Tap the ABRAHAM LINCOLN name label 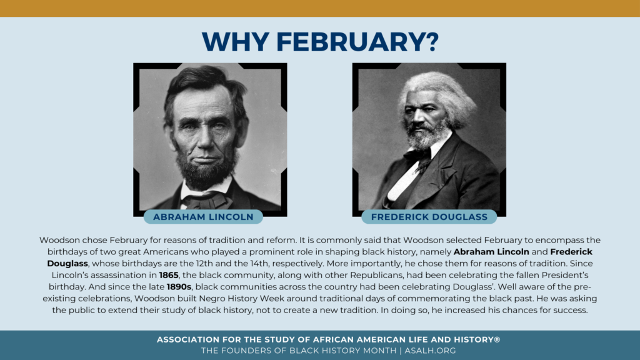(x=202, y=217)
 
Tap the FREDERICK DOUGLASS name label (x=429, y=217)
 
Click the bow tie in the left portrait (x=201, y=200)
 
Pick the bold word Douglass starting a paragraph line (x=67, y=263)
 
